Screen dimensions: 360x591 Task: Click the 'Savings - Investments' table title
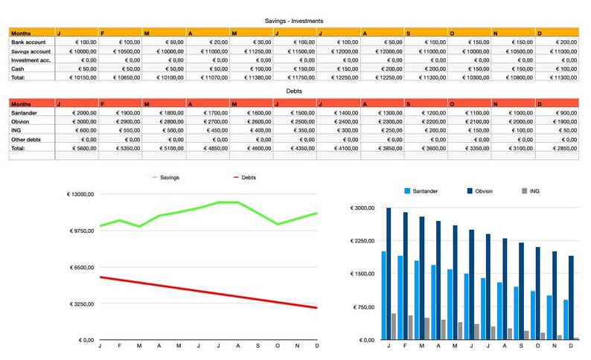[x=294, y=21]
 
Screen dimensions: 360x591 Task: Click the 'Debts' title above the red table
[x=294, y=91]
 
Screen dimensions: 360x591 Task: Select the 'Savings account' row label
[x=31, y=51]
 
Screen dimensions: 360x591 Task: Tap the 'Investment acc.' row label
[x=31, y=60]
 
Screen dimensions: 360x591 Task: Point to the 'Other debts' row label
[x=28, y=138]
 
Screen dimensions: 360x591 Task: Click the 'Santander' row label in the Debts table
[x=26, y=112]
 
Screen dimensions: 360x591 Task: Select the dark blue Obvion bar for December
[x=572, y=298]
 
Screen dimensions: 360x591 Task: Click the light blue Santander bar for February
[x=400, y=298]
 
